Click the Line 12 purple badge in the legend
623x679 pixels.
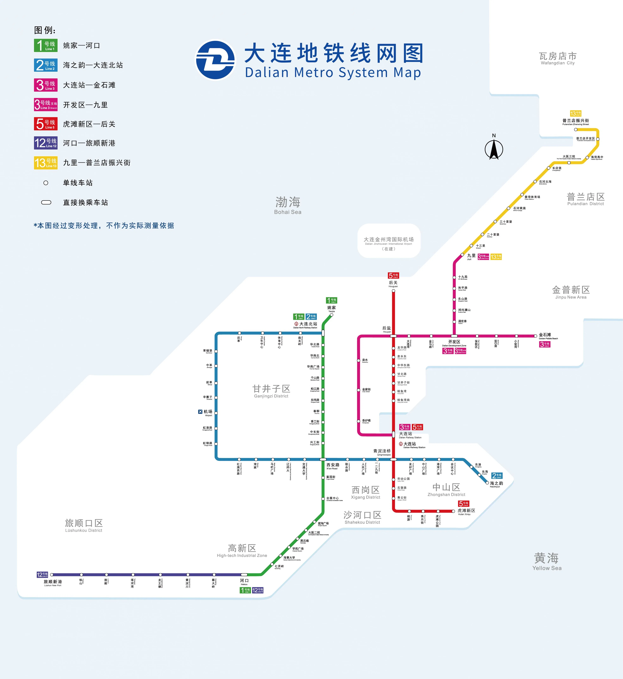46,143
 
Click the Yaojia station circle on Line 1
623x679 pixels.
331,315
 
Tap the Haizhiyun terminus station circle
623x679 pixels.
487,483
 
